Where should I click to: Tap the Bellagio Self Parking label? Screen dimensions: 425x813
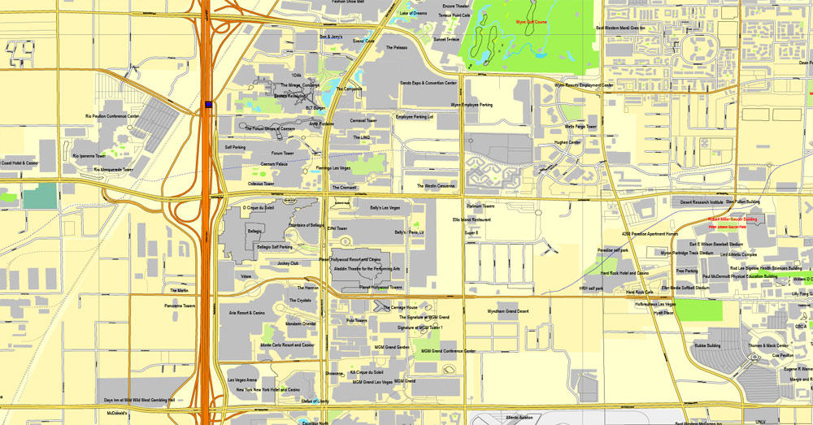click(275, 246)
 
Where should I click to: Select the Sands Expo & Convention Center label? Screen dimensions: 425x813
click(428, 83)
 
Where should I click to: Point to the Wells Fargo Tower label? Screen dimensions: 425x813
click(580, 127)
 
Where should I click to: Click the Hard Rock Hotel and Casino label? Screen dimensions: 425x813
click(624, 273)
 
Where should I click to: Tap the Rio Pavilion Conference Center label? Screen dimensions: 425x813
click(112, 116)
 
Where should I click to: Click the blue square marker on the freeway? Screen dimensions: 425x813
click(209, 104)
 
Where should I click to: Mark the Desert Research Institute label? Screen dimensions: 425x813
click(702, 202)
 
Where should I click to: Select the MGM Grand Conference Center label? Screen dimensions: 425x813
click(448, 351)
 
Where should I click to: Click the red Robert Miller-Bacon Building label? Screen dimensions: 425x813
click(732, 219)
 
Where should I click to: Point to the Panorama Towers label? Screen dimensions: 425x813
click(179, 306)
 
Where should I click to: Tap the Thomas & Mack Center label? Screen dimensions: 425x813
click(767, 345)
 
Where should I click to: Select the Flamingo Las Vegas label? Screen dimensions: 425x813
click(333, 168)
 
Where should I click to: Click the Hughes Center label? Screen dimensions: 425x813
click(567, 142)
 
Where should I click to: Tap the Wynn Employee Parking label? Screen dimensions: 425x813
click(472, 105)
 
